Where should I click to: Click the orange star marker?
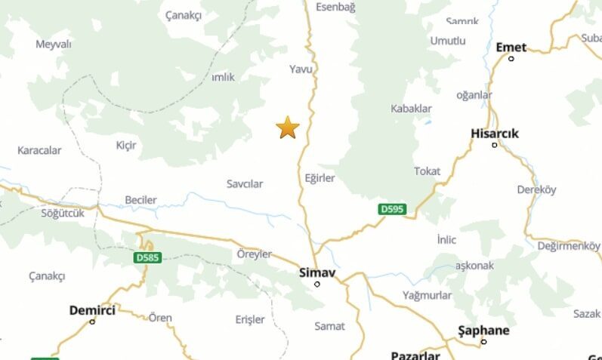point(288,128)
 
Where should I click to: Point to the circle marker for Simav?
point(317,284)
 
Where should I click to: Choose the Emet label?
point(511,47)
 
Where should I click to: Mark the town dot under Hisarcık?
point(495,145)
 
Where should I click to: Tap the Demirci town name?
point(92,309)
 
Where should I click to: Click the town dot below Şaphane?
point(483,342)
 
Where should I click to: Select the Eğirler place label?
point(320,179)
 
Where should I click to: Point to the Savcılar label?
point(245,184)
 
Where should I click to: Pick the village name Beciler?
point(140,200)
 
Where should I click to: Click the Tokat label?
point(427,171)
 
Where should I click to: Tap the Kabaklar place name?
point(411,109)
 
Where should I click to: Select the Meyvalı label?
point(54,44)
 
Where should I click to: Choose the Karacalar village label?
point(39,150)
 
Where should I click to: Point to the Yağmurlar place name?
point(427,295)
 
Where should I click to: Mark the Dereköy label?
point(536,190)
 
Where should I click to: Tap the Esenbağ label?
point(335,7)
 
